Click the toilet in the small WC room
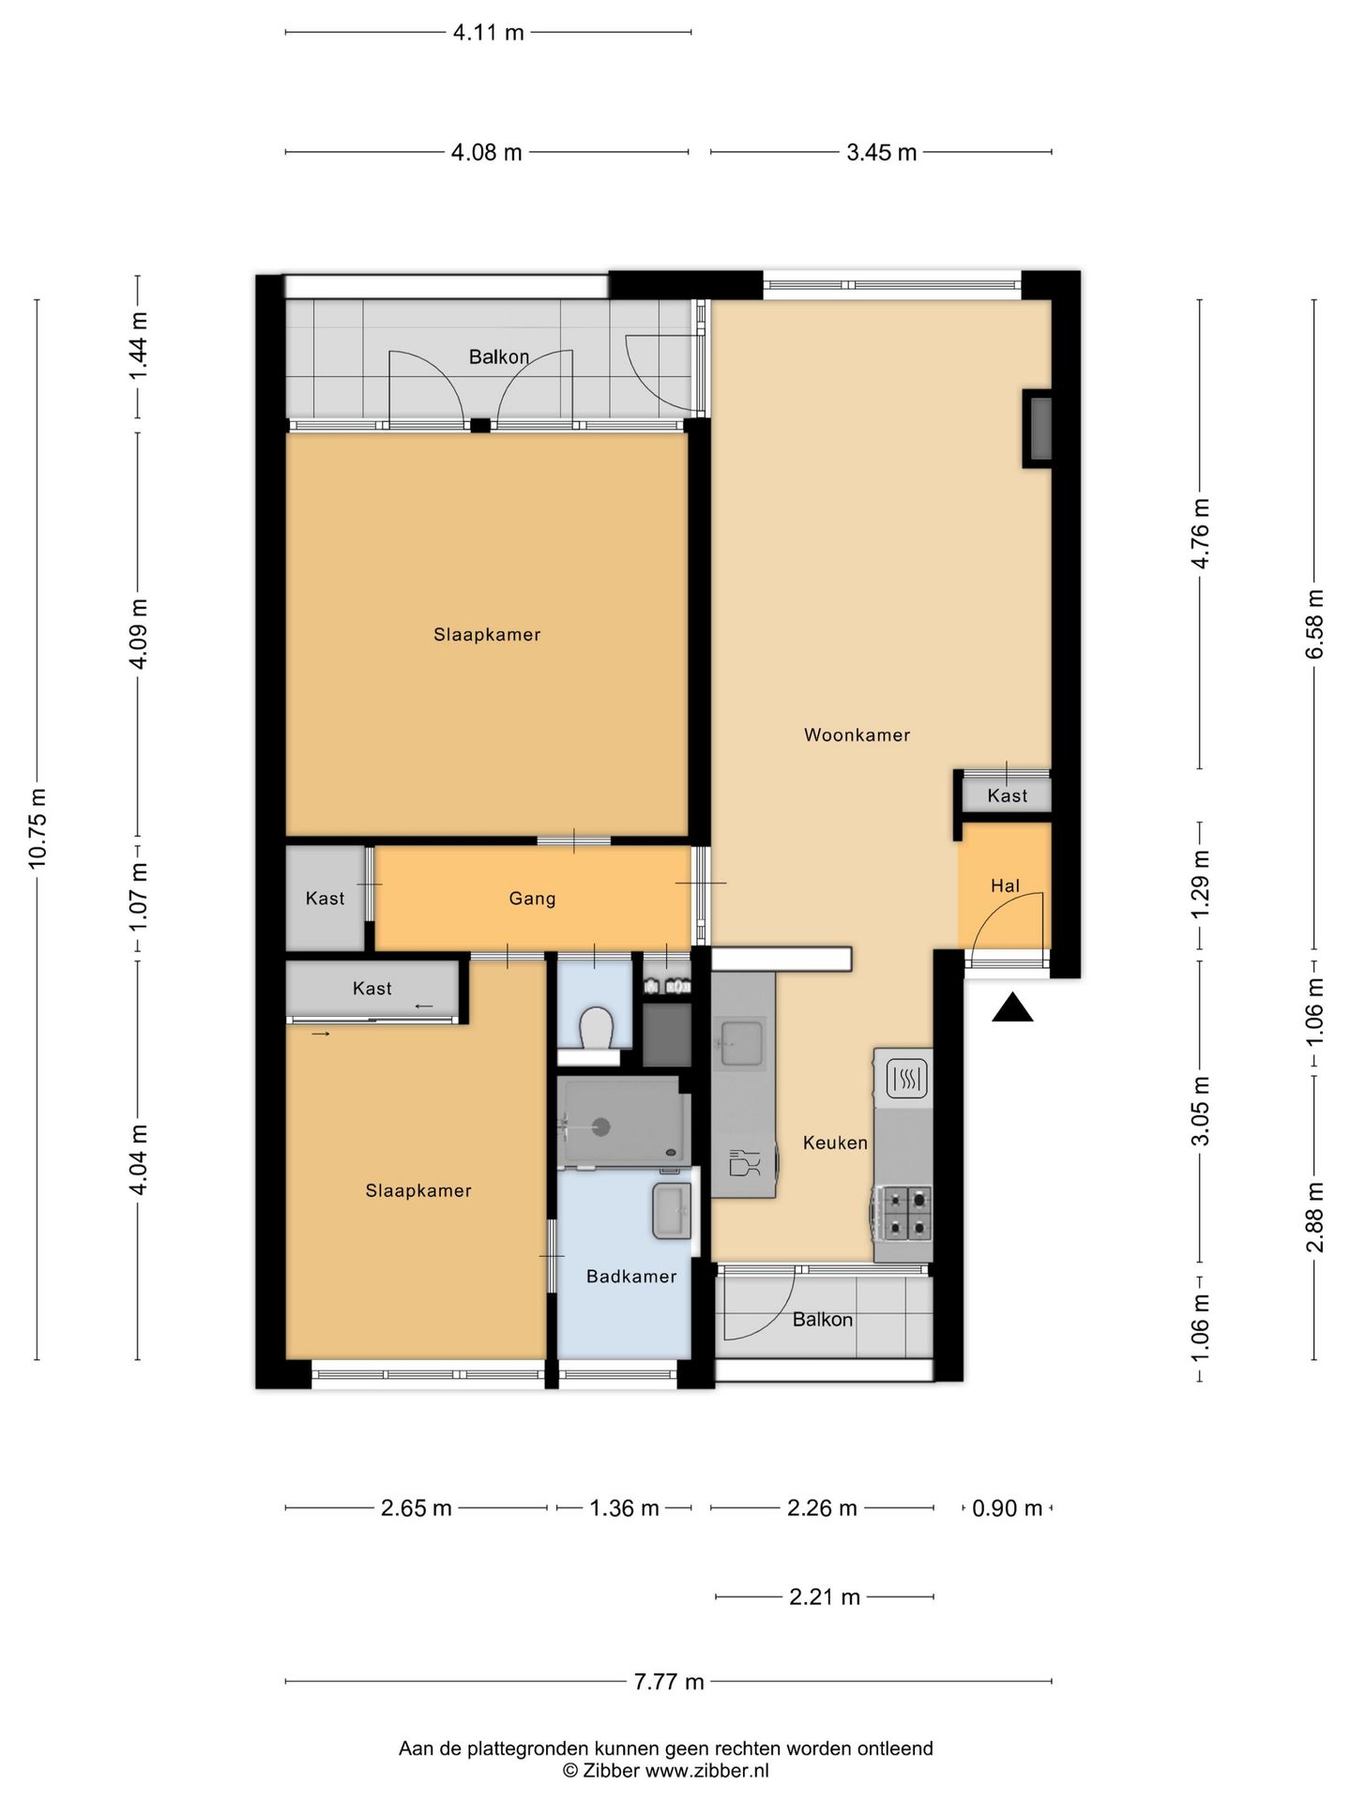(x=596, y=1030)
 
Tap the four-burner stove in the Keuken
(x=903, y=1212)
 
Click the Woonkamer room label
(x=857, y=735)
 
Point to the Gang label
(x=532, y=899)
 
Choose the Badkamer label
(x=631, y=1276)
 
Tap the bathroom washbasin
(x=672, y=1210)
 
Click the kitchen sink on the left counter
(x=741, y=1043)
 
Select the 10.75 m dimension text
(x=38, y=828)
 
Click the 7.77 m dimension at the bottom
(x=668, y=1682)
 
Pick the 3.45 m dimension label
(x=881, y=152)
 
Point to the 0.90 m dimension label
(x=1007, y=1508)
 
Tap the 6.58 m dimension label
(x=1314, y=624)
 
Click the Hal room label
(x=1005, y=885)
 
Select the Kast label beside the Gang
(x=325, y=899)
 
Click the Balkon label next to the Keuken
(x=823, y=1320)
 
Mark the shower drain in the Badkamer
(x=603, y=1128)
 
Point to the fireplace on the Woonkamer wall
(x=1038, y=428)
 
